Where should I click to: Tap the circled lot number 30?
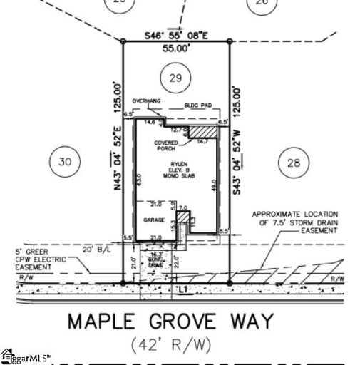(x=65, y=162)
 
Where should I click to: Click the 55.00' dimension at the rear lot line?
(x=176, y=48)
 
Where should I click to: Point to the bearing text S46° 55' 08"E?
(x=176, y=35)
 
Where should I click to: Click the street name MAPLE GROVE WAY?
(x=170, y=322)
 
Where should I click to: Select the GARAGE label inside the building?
(x=150, y=220)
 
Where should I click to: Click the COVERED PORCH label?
(x=166, y=147)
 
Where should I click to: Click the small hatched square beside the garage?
(x=183, y=216)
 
